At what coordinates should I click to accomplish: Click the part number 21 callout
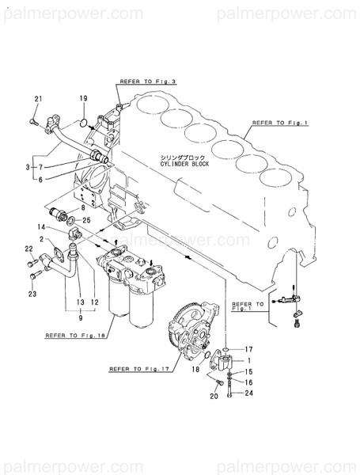pyautogui.click(x=37, y=98)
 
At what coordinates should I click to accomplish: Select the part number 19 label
pyautogui.click(x=83, y=98)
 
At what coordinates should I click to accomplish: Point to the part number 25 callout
pyautogui.click(x=87, y=219)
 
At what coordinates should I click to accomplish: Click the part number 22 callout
pyautogui.click(x=28, y=249)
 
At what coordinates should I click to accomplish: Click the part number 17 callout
pyautogui.click(x=248, y=349)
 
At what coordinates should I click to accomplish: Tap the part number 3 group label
pyautogui.click(x=28, y=167)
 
